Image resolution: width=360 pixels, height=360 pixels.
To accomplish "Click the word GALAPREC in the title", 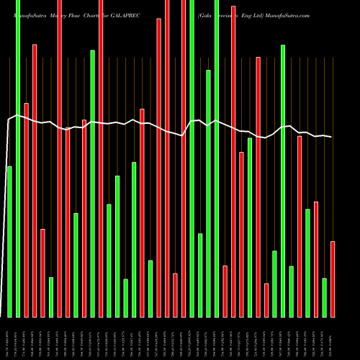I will click(124, 14).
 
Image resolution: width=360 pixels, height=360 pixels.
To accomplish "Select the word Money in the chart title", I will click(56, 14).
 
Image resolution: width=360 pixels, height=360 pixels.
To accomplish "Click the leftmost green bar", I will click(9, 241).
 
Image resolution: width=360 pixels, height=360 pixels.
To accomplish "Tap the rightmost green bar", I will click(325, 297).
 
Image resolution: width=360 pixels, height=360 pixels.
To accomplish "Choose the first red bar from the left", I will click(26, 210).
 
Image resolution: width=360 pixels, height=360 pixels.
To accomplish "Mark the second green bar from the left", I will click(17, 158).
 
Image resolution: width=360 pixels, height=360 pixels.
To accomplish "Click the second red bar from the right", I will click(316, 259).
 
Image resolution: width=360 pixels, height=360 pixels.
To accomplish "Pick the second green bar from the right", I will click(307, 263).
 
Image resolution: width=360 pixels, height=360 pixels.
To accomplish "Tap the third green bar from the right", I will click(291, 292).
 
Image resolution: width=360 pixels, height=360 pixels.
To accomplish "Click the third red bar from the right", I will click(300, 226).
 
